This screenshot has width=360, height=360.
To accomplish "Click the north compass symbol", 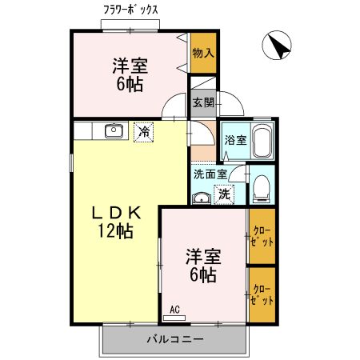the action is (x=277, y=46).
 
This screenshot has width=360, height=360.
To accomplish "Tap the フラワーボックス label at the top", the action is (x=130, y=10).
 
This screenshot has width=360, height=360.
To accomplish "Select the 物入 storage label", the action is (x=203, y=53).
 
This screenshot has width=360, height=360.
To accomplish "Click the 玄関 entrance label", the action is (x=203, y=102).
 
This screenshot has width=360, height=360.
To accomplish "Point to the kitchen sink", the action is (x=114, y=130).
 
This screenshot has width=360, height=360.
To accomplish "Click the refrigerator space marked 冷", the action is (x=144, y=132).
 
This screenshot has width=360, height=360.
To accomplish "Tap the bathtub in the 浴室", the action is (x=262, y=141).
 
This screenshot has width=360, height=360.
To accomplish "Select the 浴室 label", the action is (x=235, y=140).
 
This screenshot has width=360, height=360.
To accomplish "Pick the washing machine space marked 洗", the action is (x=224, y=194).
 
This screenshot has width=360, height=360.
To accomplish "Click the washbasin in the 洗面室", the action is (x=202, y=198).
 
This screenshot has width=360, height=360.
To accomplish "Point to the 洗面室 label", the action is (x=210, y=174).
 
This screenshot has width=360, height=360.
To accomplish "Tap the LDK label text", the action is (x=116, y=213).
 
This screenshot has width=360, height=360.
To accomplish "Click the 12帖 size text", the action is (x=116, y=231).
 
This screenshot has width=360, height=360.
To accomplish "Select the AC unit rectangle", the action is (x=174, y=318).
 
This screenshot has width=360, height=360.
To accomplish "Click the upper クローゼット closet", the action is (x=262, y=236).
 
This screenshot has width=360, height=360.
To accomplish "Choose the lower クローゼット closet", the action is (x=262, y=295).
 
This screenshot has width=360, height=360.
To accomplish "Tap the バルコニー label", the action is (x=175, y=339).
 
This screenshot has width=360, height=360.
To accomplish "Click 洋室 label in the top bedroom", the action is (x=130, y=66).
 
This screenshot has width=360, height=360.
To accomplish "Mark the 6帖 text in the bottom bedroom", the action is (x=203, y=275).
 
